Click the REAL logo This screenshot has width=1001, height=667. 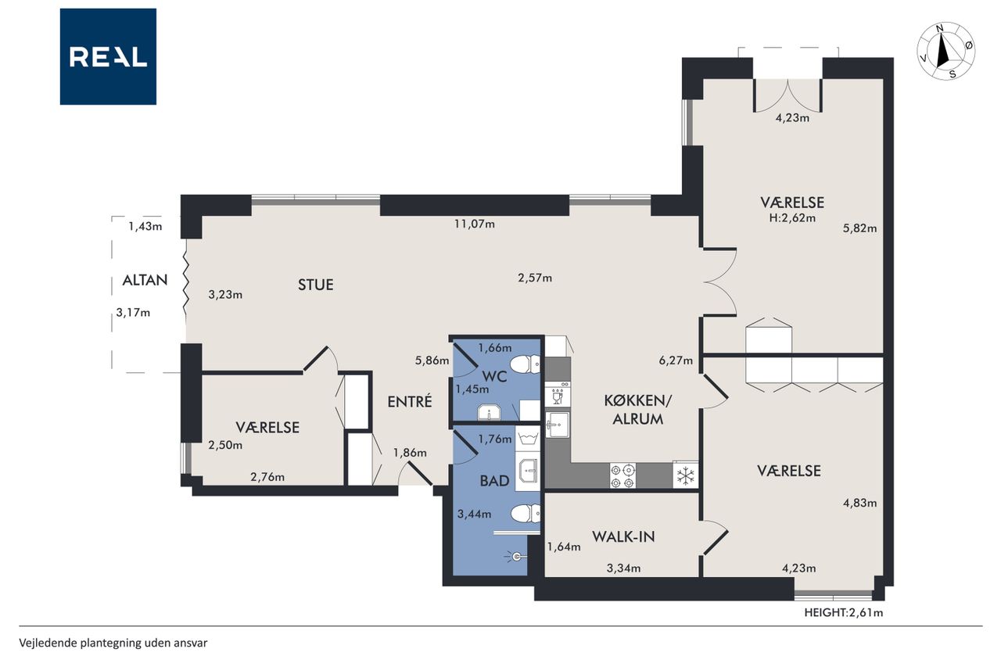(108, 57)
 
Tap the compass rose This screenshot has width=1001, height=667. (945, 52)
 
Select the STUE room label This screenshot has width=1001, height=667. (315, 285)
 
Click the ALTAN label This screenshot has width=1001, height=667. (145, 280)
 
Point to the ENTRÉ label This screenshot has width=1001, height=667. (409, 401)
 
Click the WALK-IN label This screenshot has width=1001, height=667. (623, 536)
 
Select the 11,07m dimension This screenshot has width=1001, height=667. (475, 224)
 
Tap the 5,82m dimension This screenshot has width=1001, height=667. (859, 228)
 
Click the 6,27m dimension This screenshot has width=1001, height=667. (676, 360)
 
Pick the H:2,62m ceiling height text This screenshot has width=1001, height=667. (792, 218)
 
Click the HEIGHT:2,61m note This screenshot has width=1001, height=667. (844, 612)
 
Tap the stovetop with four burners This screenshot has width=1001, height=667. (623, 476)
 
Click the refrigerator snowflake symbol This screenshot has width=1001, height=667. (685, 475)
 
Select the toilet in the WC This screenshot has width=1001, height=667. (525, 364)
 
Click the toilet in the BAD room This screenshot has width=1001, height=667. (525, 513)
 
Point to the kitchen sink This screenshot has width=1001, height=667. (558, 425)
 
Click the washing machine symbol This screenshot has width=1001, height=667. (528, 438)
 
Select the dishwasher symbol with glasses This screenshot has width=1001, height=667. (558, 393)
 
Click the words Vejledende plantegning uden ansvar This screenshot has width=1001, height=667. (113, 643)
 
